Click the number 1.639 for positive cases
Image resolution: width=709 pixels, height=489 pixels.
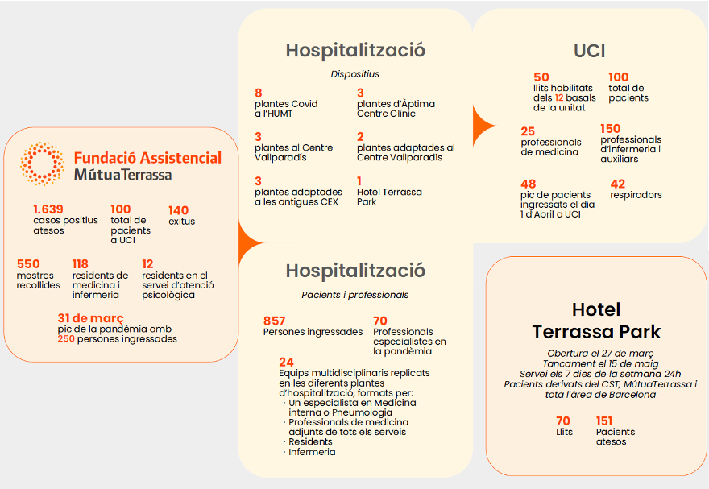48,209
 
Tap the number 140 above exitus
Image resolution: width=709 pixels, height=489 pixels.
178,210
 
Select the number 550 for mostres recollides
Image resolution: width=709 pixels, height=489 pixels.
28,264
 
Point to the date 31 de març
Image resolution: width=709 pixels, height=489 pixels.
90,318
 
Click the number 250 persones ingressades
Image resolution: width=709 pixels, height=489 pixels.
66,338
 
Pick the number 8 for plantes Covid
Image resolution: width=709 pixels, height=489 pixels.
258,93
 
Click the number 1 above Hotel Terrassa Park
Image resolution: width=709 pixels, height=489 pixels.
359,181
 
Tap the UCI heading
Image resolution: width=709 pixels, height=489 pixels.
589,51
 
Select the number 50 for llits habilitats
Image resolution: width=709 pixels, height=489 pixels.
541,77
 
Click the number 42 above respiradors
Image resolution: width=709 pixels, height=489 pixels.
618,184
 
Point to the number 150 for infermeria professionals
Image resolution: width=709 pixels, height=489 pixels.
611,129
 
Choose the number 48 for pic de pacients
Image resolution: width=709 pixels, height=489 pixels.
529,184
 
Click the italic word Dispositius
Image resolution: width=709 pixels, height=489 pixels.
355,74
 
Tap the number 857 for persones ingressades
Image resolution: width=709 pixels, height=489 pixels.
275,321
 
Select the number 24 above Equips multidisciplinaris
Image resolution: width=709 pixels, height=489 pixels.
286,363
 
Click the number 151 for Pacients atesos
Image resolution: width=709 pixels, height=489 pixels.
604,421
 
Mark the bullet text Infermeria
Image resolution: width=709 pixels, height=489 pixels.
312,452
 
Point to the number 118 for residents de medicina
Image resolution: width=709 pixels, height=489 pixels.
80,264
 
